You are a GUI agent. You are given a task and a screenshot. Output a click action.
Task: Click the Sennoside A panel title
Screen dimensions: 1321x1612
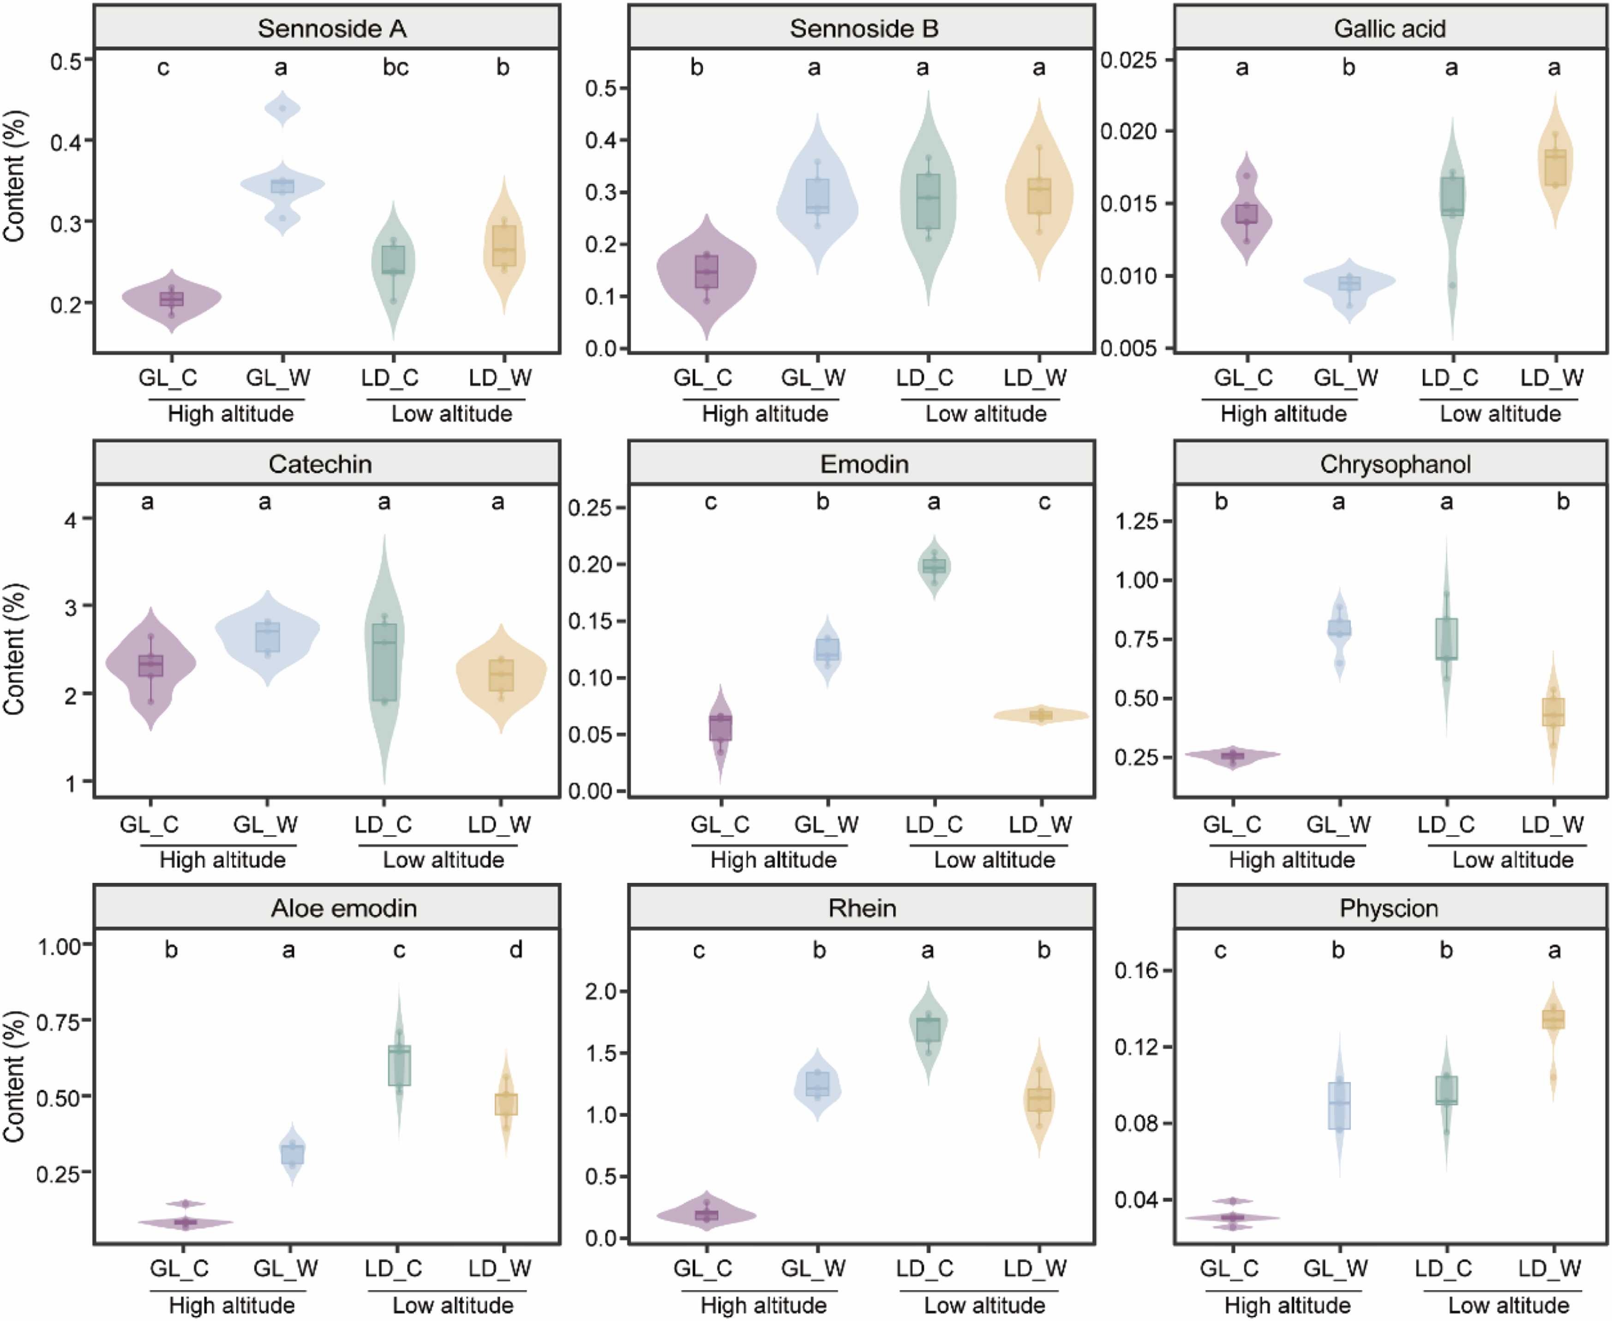click(x=332, y=29)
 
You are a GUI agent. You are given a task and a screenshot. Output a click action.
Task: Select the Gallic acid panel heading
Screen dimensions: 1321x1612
click(x=1389, y=29)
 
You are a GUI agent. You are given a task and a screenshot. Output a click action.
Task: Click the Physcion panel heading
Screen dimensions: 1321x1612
click(x=1389, y=908)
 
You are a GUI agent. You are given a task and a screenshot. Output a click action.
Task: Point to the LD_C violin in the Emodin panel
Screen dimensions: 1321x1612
click(x=934, y=567)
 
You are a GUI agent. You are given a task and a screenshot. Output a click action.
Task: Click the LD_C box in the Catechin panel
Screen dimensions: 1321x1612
click(x=384, y=661)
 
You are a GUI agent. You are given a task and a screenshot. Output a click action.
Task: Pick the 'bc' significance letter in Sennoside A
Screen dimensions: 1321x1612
click(x=396, y=68)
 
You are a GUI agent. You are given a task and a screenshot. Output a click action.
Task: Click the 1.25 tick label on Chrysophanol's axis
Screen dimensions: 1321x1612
click(x=1137, y=521)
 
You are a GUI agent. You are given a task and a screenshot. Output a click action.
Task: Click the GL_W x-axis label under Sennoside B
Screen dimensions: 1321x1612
click(x=813, y=378)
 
